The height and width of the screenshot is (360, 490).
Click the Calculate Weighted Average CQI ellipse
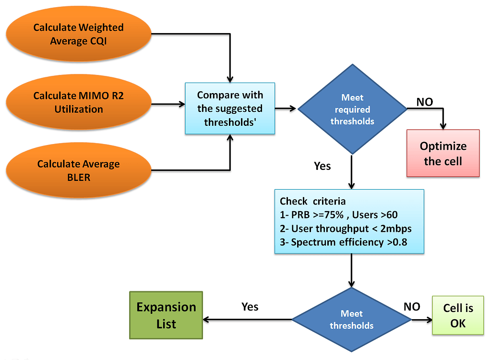point(78,34)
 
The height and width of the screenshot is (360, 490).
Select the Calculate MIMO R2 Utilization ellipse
point(78,102)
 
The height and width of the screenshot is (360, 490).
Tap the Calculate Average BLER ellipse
point(78,170)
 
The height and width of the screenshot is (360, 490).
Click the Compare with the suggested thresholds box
point(230,108)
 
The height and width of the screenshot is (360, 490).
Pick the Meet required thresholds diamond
point(352,109)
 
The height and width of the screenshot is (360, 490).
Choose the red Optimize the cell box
point(442,153)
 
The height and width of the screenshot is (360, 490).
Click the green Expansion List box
point(166,315)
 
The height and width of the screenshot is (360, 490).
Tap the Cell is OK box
point(458,315)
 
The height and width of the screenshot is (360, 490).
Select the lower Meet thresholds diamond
point(351,319)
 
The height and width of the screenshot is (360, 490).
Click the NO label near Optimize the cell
point(424,102)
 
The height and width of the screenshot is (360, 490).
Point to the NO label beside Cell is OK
point(411,307)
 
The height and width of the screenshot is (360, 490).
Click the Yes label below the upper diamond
point(322,166)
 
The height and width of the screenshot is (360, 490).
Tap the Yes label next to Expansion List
point(250,307)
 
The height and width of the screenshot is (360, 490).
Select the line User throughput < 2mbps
point(346,228)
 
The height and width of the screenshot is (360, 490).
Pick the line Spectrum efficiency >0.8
point(344,242)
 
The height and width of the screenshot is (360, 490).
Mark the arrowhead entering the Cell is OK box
point(429,319)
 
